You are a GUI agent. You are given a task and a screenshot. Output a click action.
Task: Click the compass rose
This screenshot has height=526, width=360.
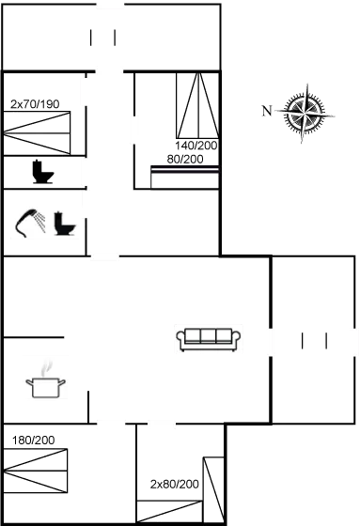305,113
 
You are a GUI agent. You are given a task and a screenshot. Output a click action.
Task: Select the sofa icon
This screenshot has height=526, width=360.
209,338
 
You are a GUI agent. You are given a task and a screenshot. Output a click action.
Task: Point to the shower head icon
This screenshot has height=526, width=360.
30,222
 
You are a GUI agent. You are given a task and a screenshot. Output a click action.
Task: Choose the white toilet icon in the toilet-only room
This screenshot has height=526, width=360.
39,173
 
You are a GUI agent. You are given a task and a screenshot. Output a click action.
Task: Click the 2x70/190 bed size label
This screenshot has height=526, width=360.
34,104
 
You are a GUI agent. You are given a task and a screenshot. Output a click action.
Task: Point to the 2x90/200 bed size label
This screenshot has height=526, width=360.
174,483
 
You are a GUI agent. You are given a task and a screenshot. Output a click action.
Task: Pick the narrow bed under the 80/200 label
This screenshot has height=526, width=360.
185,178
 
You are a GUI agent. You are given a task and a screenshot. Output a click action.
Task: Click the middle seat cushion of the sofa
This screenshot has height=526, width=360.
209,336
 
